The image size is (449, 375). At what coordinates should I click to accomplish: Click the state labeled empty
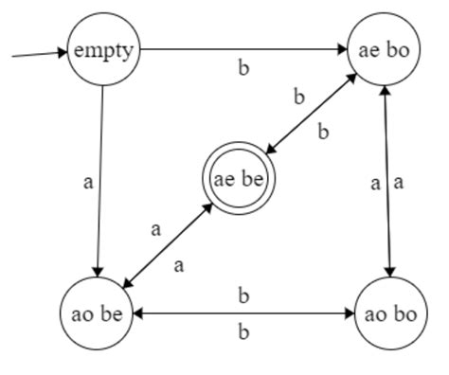coord(102,50)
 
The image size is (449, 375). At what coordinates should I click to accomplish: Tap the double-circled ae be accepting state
coord(237,177)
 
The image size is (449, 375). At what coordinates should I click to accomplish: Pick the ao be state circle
coord(98,312)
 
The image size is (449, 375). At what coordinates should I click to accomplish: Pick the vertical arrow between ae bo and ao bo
coord(386,180)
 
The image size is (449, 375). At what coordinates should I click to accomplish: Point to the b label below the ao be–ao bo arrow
coord(243,331)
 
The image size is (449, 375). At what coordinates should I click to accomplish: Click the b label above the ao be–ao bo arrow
coord(243,296)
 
